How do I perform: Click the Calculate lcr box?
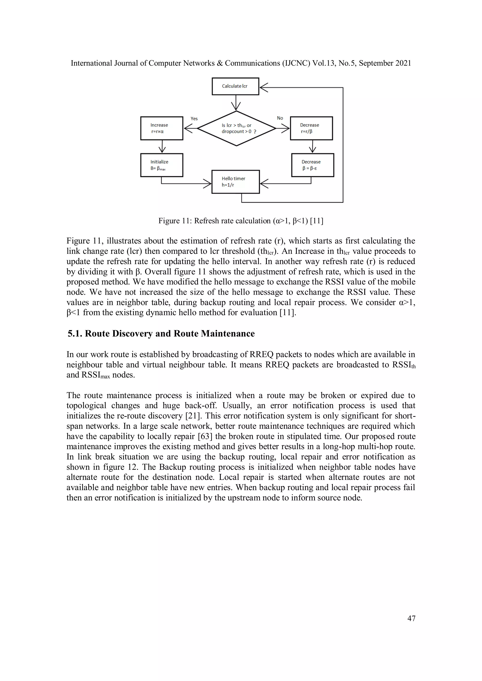(x=235, y=86)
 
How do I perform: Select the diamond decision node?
(x=236, y=128)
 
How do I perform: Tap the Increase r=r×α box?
(x=161, y=128)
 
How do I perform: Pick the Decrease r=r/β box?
(x=311, y=128)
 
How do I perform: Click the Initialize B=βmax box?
(x=161, y=165)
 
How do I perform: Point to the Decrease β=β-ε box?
(x=312, y=165)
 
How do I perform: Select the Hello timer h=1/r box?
(x=236, y=181)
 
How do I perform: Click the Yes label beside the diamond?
(x=194, y=119)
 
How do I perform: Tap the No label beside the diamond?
(x=280, y=118)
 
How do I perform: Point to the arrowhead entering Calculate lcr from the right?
(x=264, y=87)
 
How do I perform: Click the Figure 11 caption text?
(x=241, y=221)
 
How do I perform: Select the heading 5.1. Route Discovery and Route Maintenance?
(x=161, y=333)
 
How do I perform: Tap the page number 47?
(x=411, y=618)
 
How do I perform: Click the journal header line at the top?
(x=241, y=63)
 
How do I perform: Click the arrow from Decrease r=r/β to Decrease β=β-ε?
(x=312, y=146)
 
